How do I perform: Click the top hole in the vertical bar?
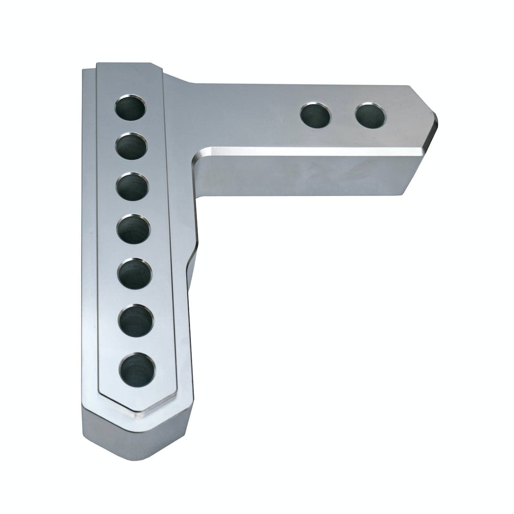click(131, 107)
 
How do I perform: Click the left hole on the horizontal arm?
click(316, 116)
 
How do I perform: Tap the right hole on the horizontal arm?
click(371, 116)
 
